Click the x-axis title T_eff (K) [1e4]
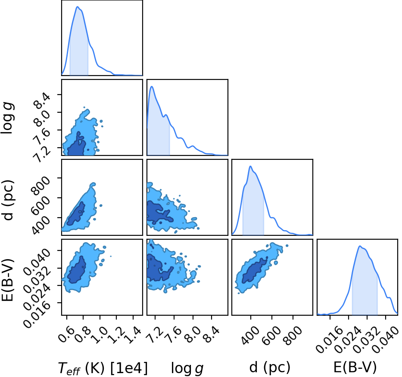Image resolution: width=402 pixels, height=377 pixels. tap(103, 368)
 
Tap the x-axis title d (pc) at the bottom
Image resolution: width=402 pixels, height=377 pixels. tap(270, 367)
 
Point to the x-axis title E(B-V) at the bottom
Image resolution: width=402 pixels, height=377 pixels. tap(355, 367)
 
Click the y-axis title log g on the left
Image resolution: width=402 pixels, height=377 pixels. tap(7, 118)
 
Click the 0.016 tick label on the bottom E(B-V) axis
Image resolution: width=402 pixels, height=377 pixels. tap(329, 340)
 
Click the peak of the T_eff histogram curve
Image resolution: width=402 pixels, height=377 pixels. tap(77, 6)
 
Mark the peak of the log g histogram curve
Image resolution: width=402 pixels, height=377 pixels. tap(152, 86)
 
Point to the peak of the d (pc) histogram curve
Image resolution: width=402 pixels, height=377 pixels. tap(250, 166)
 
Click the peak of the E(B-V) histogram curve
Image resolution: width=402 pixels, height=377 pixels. tap(360, 246)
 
